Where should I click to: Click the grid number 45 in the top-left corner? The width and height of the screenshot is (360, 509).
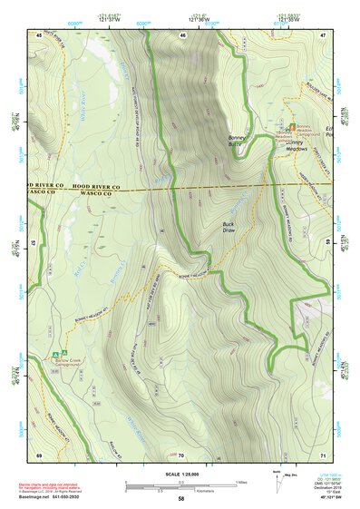coord(39,34)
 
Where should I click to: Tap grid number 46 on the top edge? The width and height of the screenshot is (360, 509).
coord(182,34)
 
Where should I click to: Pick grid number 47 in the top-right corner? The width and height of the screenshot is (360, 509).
coord(322,34)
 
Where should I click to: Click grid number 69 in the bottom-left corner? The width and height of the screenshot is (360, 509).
coord(39,454)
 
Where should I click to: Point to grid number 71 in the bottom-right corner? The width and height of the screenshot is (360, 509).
coord(322,454)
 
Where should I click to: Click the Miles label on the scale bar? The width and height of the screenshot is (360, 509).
coord(240,482)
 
